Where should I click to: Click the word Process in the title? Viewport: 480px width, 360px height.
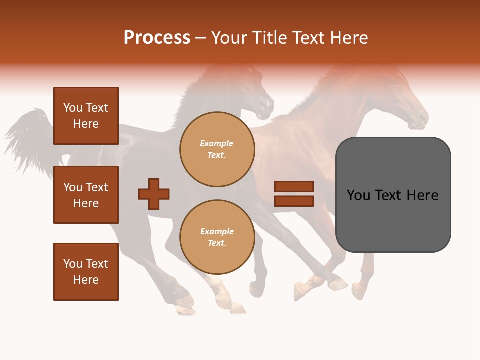(x=157, y=38)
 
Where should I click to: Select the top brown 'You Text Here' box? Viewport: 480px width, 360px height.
(x=86, y=116)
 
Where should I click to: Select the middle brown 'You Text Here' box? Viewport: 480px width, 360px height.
(x=86, y=195)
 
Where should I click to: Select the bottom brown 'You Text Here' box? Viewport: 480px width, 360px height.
(x=86, y=272)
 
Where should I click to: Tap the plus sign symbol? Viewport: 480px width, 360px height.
(x=154, y=194)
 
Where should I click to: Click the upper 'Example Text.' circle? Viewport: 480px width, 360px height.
(x=217, y=149)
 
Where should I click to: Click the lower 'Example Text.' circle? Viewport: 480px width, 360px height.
(x=217, y=237)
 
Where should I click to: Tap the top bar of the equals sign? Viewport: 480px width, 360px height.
(x=294, y=186)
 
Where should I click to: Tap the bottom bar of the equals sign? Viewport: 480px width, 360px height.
(x=294, y=201)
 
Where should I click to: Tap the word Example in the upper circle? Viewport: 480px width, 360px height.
(x=217, y=144)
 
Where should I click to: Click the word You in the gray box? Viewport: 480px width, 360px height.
(x=359, y=195)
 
